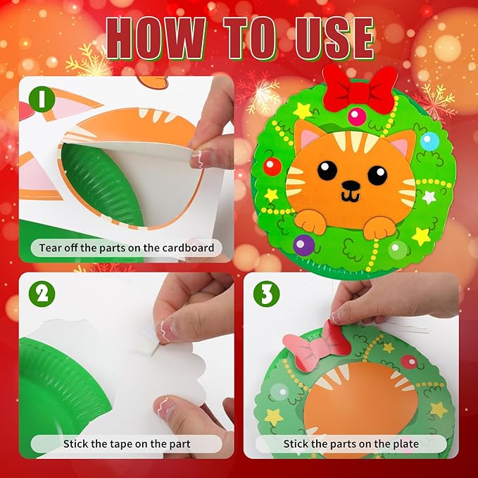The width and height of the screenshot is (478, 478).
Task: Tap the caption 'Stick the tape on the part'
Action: tap(127, 444)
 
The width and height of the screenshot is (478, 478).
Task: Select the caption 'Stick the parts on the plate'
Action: tap(351, 444)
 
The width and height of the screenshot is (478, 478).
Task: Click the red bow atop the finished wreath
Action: tap(364, 90)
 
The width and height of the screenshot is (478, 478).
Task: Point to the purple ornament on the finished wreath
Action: tap(303, 245)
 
